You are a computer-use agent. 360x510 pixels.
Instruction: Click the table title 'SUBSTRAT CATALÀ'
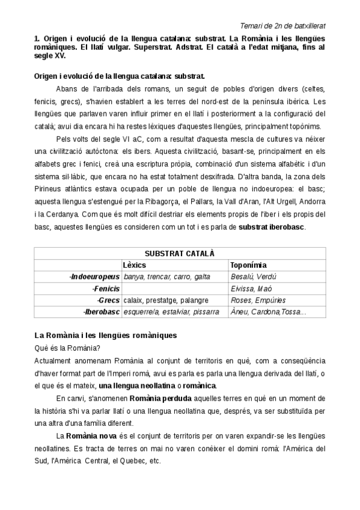coord(180,253)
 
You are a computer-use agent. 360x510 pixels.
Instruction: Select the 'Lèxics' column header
coord(134,265)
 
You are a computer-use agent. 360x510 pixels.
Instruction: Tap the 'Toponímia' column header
coord(249,265)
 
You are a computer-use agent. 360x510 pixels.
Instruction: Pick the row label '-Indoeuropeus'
coord(94,277)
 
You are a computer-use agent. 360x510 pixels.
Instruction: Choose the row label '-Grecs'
coord(108,300)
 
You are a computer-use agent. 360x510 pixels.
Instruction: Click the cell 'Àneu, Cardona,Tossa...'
coord(268,312)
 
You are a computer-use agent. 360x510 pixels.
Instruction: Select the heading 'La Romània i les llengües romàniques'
coord(105,334)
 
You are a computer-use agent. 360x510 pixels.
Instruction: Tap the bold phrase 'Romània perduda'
coord(160,398)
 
